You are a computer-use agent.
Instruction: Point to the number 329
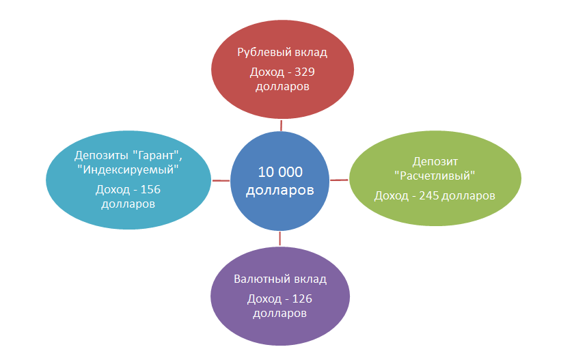tap(303, 72)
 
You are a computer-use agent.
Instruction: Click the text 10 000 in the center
tap(280, 171)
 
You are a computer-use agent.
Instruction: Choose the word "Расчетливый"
tap(435, 176)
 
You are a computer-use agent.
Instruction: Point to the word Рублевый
tap(260, 52)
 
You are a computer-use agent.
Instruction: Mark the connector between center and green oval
tap(340, 180)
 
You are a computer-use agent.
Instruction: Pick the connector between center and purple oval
tap(280, 238)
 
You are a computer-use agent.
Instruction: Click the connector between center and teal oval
tap(221, 180)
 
